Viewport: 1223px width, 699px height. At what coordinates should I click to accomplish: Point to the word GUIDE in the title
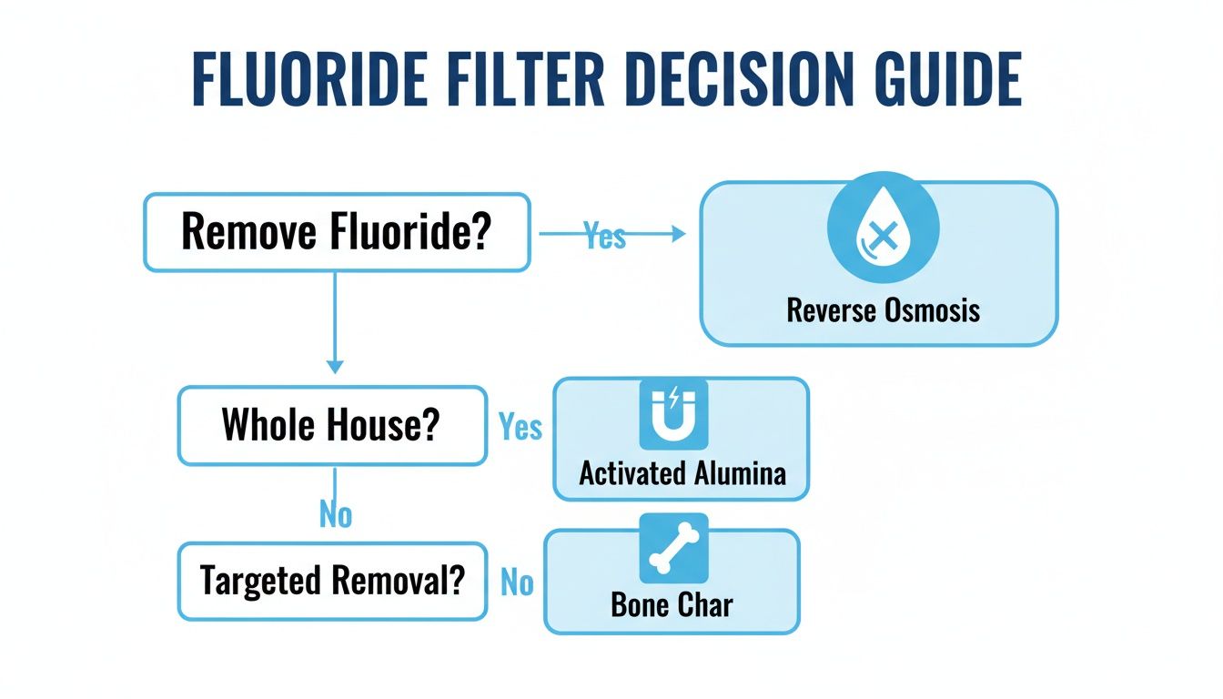[x=943, y=80]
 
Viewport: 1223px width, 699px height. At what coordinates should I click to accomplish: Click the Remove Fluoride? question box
[x=337, y=232]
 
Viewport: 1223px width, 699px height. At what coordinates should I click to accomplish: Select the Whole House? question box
[x=331, y=425]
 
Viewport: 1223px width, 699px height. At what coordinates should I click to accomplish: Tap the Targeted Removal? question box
[x=331, y=580]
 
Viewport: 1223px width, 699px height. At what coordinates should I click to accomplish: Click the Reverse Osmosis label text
[x=883, y=310]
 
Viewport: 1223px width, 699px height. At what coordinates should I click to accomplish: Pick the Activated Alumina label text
[x=682, y=473]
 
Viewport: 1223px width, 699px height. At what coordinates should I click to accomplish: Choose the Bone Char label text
[x=672, y=606]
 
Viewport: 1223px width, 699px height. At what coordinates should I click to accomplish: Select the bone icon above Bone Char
[x=673, y=548]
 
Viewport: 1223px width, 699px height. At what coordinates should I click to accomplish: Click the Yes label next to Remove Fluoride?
[x=605, y=236]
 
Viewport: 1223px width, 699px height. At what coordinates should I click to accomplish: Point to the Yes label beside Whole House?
[x=521, y=427]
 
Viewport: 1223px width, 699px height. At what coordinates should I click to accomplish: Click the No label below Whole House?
[x=335, y=515]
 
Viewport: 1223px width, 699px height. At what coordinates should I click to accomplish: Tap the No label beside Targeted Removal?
[x=517, y=582]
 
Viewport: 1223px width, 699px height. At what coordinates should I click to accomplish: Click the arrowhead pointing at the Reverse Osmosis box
[x=677, y=234]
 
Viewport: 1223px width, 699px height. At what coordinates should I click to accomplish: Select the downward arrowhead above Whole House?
[x=335, y=366]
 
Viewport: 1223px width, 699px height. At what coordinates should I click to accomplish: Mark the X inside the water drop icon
[x=880, y=238]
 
